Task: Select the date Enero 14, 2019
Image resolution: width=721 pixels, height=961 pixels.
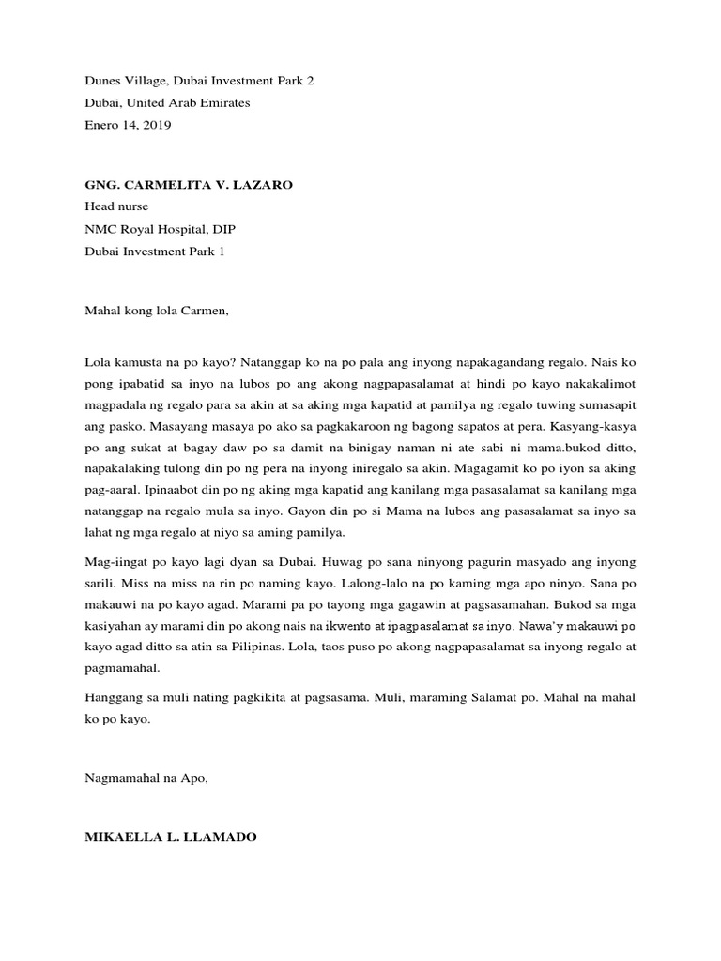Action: pyautogui.click(x=129, y=125)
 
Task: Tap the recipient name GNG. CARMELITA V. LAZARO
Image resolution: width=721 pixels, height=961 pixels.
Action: pyautogui.click(x=189, y=186)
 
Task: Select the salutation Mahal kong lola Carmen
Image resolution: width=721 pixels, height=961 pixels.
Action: pyautogui.click(x=157, y=306)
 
